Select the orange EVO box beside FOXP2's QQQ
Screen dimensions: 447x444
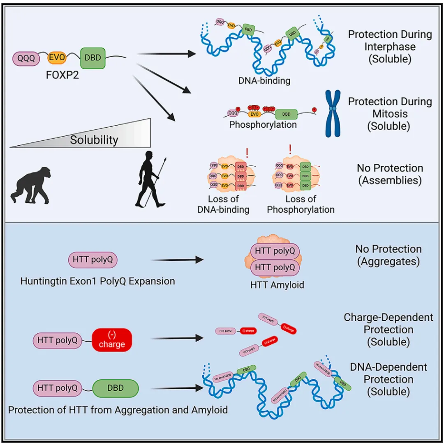pyautogui.click(x=57, y=57)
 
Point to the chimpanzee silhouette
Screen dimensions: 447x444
pyautogui.click(x=31, y=183)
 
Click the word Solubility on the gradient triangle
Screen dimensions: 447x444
pyautogui.click(x=94, y=140)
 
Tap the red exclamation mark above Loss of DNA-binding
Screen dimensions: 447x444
pyautogui.click(x=247, y=154)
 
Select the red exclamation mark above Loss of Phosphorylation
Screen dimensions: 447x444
pyautogui.click(x=290, y=149)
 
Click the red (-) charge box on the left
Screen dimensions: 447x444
pyautogui.click(x=111, y=339)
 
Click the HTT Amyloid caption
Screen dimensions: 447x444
pyautogui.click(x=277, y=284)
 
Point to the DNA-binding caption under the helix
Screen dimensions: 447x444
pyautogui.click(x=264, y=81)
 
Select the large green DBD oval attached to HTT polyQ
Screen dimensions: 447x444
pyautogui.click(x=116, y=388)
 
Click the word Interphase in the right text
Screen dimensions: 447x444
pyautogui.click(x=390, y=46)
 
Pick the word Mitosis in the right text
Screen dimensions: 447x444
pyautogui.click(x=390, y=114)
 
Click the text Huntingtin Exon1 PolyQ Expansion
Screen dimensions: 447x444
pyautogui.click(x=98, y=281)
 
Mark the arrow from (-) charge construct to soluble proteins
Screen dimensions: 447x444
pyautogui.click(x=179, y=338)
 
